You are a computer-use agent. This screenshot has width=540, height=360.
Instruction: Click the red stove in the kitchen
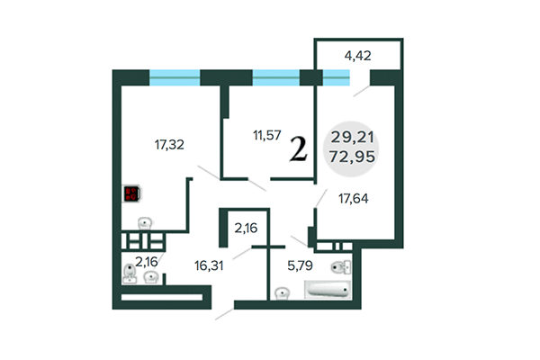click(131, 193)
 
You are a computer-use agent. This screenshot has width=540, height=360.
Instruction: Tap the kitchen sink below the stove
click(144, 221)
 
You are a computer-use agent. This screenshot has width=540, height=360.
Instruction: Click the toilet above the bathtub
click(338, 265)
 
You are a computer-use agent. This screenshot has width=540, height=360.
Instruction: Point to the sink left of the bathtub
click(283, 292)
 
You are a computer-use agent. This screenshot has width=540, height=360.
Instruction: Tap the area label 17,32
click(169, 142)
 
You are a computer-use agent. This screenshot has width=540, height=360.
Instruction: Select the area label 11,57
click(266, 136)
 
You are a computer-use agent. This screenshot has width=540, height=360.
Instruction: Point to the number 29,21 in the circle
click(354, 138)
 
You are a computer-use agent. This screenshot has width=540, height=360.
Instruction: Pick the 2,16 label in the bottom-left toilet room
click(146, 262)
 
